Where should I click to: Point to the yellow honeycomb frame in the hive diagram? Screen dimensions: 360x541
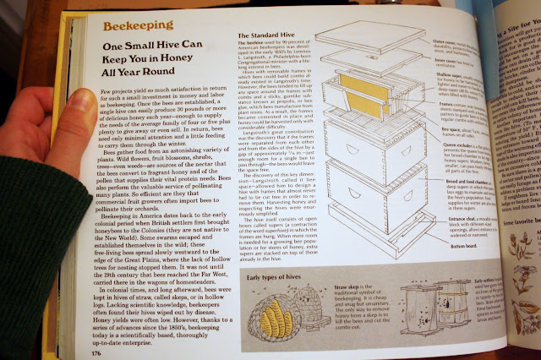[364, 90]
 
